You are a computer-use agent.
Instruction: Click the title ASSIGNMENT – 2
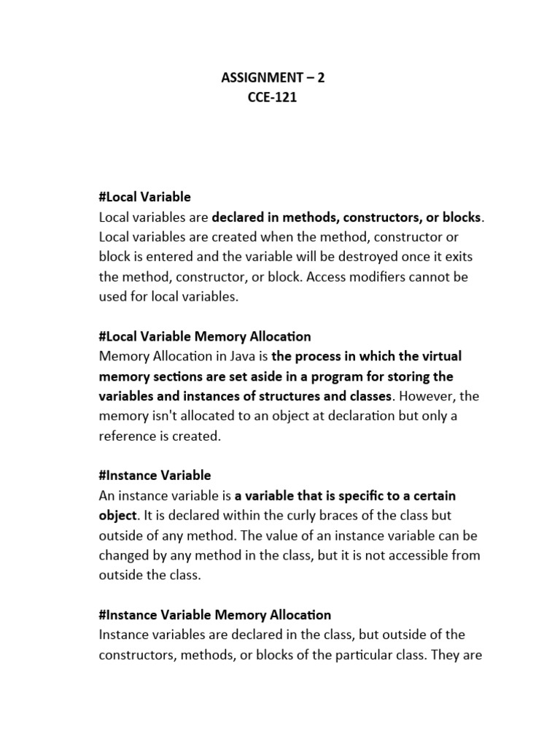point(273,77)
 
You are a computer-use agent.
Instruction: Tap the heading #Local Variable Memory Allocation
point(204,336)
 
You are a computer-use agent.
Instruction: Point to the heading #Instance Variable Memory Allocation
point(214,615)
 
